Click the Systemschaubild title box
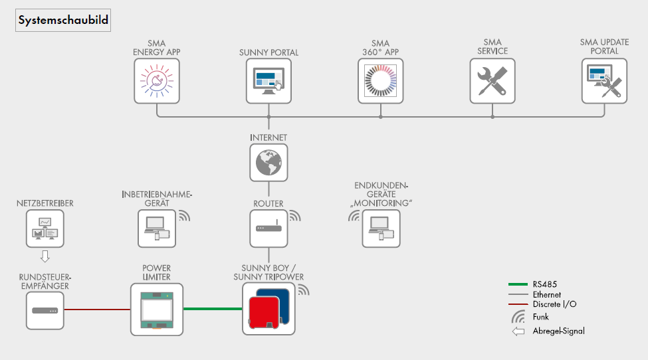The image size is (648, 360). tap(62, 21)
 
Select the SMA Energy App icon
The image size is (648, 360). tap(157, 80)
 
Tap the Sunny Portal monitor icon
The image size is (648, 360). tap(269, 80)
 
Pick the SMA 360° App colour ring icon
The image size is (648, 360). tap(381, 80)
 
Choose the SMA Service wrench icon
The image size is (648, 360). tap(492, 80)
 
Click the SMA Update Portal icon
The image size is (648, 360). tap(604, 80)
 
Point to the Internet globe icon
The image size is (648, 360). tap(269, 162)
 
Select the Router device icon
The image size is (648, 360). tap(269, 228)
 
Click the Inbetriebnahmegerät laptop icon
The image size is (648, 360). tap(157, 228)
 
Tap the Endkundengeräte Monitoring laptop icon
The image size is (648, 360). tap(381, 228)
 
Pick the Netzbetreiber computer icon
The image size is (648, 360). tap(45, 229)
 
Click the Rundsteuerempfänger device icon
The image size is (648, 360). tap(45, 310)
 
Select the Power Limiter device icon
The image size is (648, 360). tap(157, 309)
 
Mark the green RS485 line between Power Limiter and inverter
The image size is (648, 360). tap(213, 309)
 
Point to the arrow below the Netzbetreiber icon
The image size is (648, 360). tap(45, 256)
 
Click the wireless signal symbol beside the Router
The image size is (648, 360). tap(294, 216)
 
